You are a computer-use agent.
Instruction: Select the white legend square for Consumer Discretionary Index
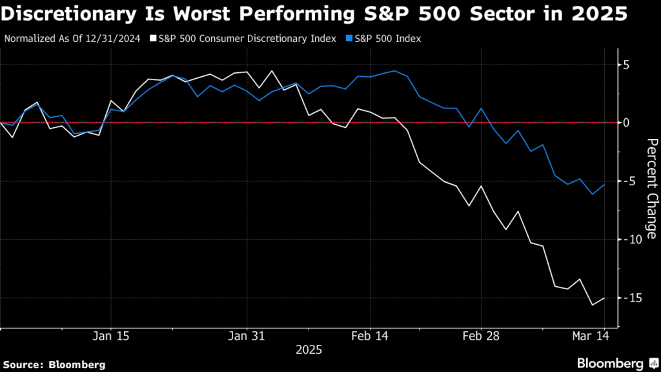[153, 39]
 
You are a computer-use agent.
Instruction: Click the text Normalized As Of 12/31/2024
[72, 39]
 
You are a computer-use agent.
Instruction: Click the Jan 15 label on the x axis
[112, 336]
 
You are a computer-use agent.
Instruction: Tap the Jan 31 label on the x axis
[247, 336]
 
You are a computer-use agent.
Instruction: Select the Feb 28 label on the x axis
[482, 336]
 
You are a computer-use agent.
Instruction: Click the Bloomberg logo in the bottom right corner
[609, 363]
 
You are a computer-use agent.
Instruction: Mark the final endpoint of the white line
[604, 298]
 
